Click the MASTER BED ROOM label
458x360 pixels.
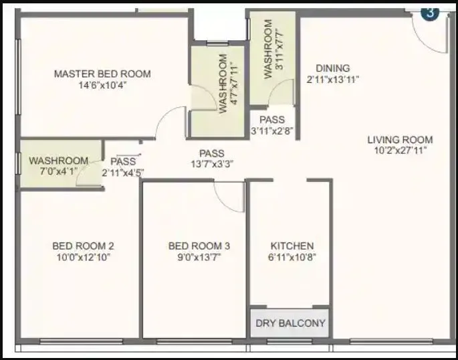[x=102, y=74]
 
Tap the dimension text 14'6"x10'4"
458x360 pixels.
[x=102, y=86]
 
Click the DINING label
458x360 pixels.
[x=333, y=68]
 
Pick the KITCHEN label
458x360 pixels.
[x=292, y=246]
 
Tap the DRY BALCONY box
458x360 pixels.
[x=290, y=323]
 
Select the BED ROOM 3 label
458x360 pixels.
[x=195, y=246]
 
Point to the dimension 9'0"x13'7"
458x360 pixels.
[x=195, y=257]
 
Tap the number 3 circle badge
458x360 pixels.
[x=431, y=12]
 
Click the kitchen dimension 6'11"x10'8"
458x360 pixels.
[x=292, y=257]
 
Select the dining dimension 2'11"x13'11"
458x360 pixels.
[x=333, y=79]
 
